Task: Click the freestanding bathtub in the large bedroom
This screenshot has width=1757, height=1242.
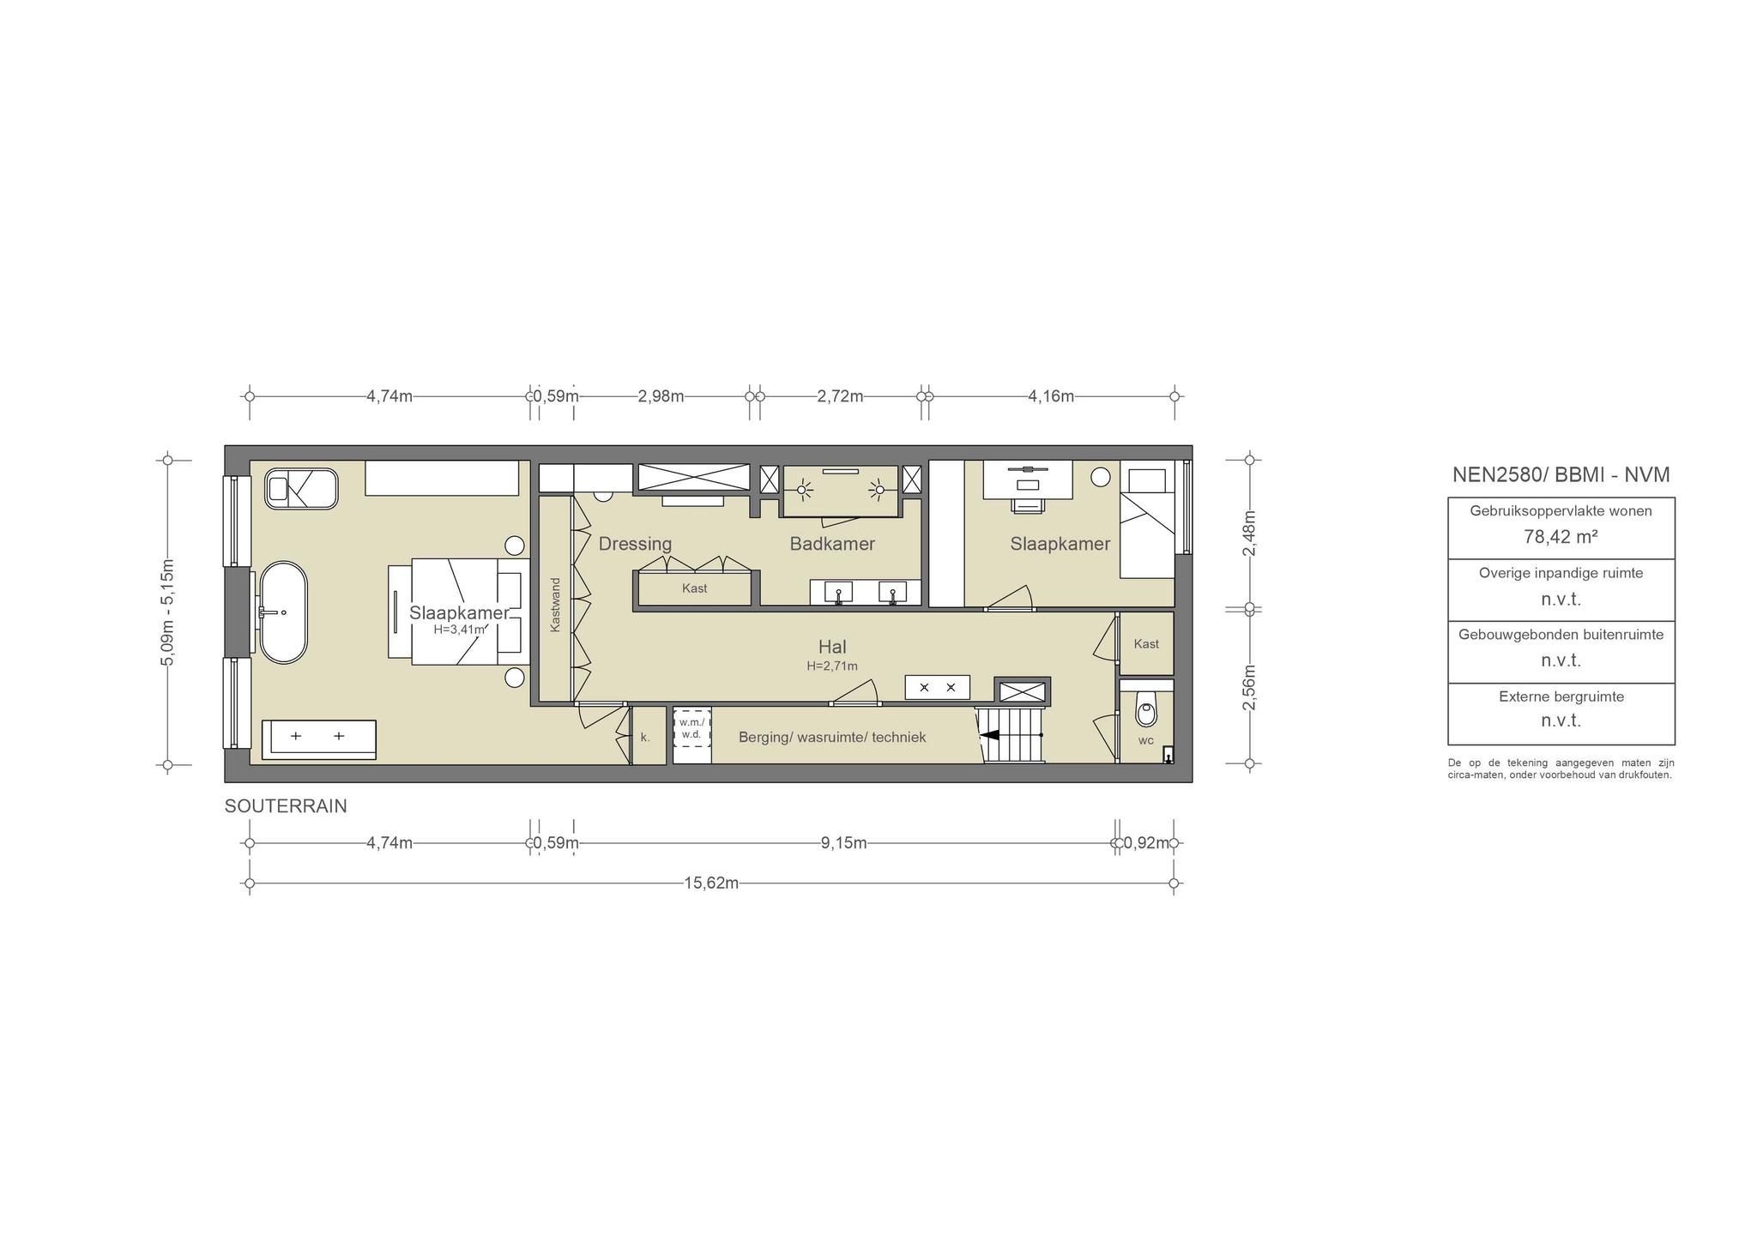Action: pos(283,612)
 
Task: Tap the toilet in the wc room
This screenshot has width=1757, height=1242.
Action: pos(1146,709)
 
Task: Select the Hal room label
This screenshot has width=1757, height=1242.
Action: pos(832,647)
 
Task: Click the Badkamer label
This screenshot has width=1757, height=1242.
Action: pos(832,544)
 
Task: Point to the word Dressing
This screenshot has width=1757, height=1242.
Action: pos(635,544)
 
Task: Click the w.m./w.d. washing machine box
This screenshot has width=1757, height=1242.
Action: pos(691,727)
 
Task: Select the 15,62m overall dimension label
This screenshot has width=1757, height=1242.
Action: pos(711,883)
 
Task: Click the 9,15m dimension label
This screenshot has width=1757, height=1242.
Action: pos(843,843)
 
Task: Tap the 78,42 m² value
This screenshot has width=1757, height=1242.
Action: pos(1561,537)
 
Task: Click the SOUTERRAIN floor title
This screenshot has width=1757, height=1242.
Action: pos(286,806)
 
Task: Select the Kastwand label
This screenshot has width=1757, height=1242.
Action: pos(555,606)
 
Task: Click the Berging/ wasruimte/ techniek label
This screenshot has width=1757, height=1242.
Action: pos(832,737)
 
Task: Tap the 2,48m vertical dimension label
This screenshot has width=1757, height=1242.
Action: pos(1250,534)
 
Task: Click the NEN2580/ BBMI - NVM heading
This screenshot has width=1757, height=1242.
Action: pos(1561,474)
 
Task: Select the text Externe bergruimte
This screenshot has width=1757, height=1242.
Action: pos(1561,696)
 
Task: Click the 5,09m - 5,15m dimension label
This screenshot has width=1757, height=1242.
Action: pos(168,612)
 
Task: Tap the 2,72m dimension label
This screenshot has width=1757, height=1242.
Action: pos(840,396)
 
